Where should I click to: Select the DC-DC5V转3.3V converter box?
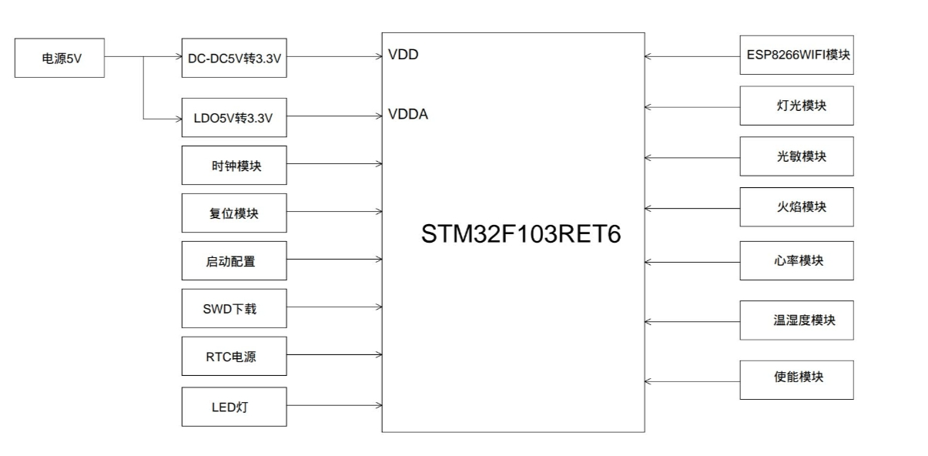tap(234, 58)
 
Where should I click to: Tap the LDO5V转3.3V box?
tap(234, 118)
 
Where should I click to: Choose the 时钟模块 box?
tap(234, 165)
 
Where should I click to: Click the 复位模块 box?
tap(234, 213)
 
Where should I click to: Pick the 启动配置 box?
tap(234, 260)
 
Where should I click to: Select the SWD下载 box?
tap(234, 308)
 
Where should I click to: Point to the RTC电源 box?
tap(234, 356)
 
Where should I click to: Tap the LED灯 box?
tap(234, 406)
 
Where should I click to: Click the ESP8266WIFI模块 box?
tap(796, 55)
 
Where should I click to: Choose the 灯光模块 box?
tap(796, 106)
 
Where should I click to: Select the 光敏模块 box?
tap(796, 156)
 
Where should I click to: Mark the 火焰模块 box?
tap(796, 206)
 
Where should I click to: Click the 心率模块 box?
tap(796, 260)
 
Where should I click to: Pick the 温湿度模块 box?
tap(796, 320)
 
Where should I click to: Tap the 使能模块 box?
tap(796, 379)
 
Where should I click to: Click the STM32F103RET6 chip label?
tap(521, 234)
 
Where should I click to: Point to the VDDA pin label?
tap(408, 115)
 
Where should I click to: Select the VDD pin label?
tap(404, 55)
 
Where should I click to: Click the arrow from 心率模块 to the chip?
tap(692, 262)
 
